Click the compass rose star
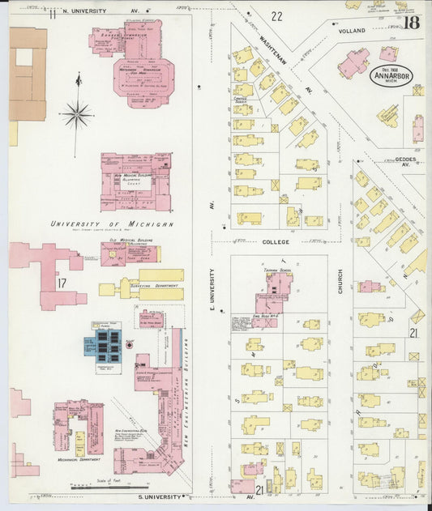77,114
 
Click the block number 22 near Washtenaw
277,15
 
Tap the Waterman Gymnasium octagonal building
147,72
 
